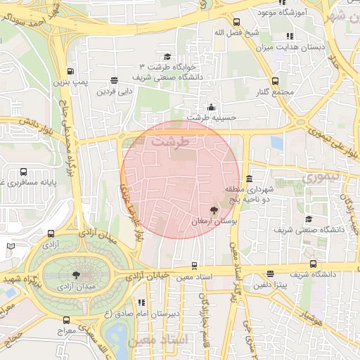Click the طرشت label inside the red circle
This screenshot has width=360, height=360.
pyautogui.click(x=176, y=141)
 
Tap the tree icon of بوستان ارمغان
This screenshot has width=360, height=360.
pyautogui.click(x=214, y=210)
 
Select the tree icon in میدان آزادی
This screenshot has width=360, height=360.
pyautogui.click(x=76, y=275)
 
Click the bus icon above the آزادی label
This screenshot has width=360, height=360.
pyautogui.click(x=50, y=234)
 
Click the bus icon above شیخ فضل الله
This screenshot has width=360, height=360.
pyautogui.click(x=237, y=22)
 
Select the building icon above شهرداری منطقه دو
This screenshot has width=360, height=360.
pyautogui.click(x=250, y=179)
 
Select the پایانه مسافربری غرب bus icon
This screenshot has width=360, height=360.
pyautogui.click(x=25, y=172)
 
